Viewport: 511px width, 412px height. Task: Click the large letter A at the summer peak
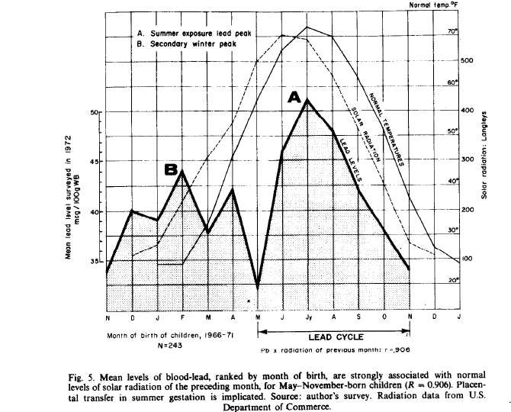pos(295,98)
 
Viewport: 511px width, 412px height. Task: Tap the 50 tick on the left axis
pos(95,113)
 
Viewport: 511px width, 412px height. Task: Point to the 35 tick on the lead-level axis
pos(95,262)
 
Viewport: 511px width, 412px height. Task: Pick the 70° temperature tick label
pos(451,32)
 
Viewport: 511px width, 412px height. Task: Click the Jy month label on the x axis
pos(307,317)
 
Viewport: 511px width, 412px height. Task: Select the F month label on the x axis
pos(182,317)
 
